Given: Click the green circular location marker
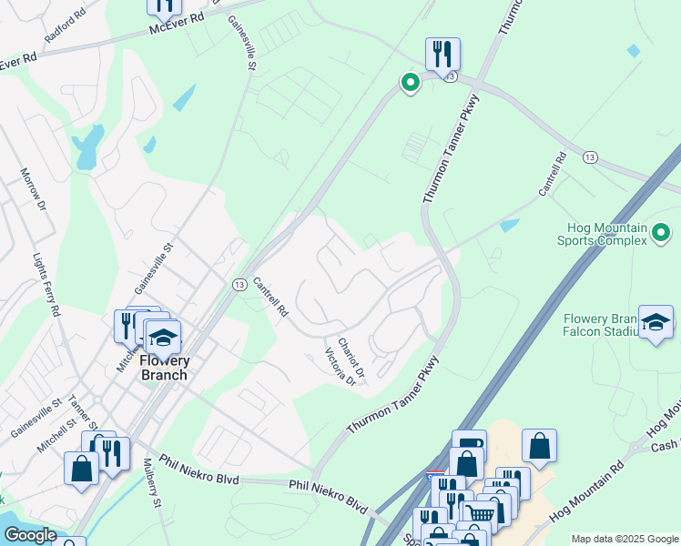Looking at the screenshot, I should click(x=411, y=84).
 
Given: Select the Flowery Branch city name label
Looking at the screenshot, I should click(x=165, y=368).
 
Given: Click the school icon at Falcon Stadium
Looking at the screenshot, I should click(x=656, y=321).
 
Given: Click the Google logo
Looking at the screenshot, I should click(x=29, y=535).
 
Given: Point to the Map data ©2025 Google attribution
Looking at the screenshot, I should click(x=624, y=539).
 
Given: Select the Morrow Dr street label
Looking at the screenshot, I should click(x=33, y=189).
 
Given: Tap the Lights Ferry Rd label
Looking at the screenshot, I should click(x=46, y=285).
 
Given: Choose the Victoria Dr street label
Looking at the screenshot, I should click(x=340, y=369).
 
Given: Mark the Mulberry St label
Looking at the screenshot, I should click(x=151, y=489).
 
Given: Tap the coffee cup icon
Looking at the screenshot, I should click(x=469, y=445).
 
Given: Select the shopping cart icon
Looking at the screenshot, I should click(x=482, y=515).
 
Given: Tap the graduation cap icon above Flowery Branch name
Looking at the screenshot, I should click(x=163, y=337).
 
